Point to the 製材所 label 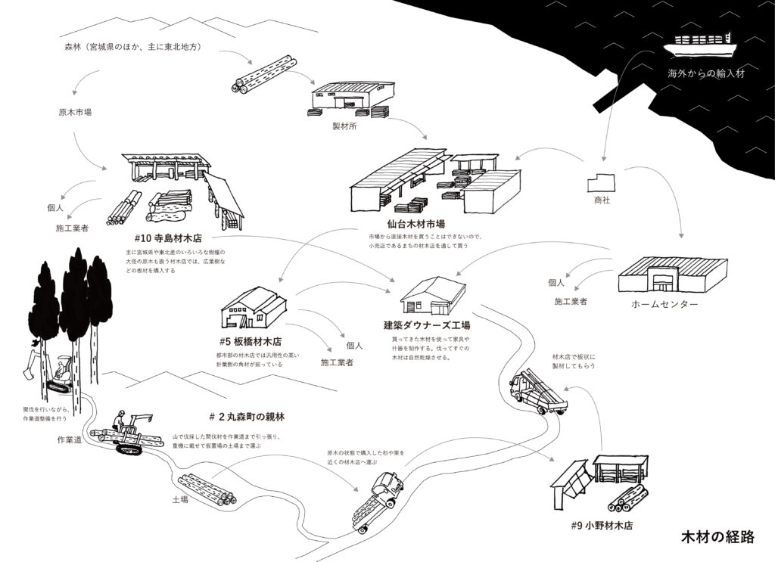click(344, 127)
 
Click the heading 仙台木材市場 click(416, 224)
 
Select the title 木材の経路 click(717, 538)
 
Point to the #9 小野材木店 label click(602, 524)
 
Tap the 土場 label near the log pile click(180, 499)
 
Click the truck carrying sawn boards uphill click(537, 388)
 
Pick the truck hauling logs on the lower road click(378, 499)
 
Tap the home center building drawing click(672, 275)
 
